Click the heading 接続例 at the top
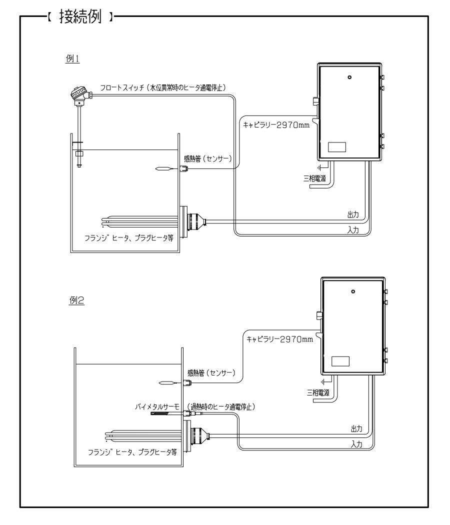(80, 16)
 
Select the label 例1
(72, 58)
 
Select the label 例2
(76, 300)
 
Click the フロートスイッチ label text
(122, 87)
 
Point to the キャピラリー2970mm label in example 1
(276, 125)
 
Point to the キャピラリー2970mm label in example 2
(279, 339)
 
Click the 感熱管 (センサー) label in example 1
(207, 158)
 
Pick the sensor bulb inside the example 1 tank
(164, 169)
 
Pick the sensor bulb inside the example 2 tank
(167, 383)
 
